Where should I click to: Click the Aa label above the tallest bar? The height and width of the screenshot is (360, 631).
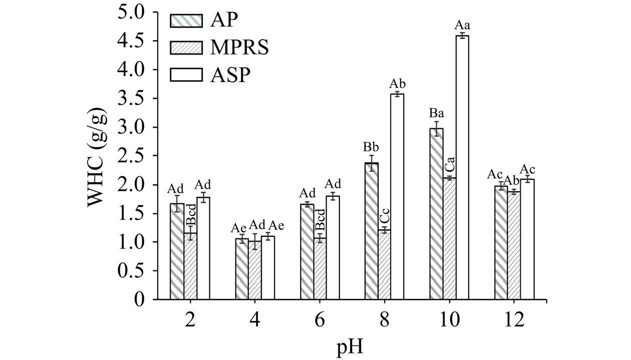pos(462,25)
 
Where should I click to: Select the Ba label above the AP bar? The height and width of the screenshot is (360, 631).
pos(436,113)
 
